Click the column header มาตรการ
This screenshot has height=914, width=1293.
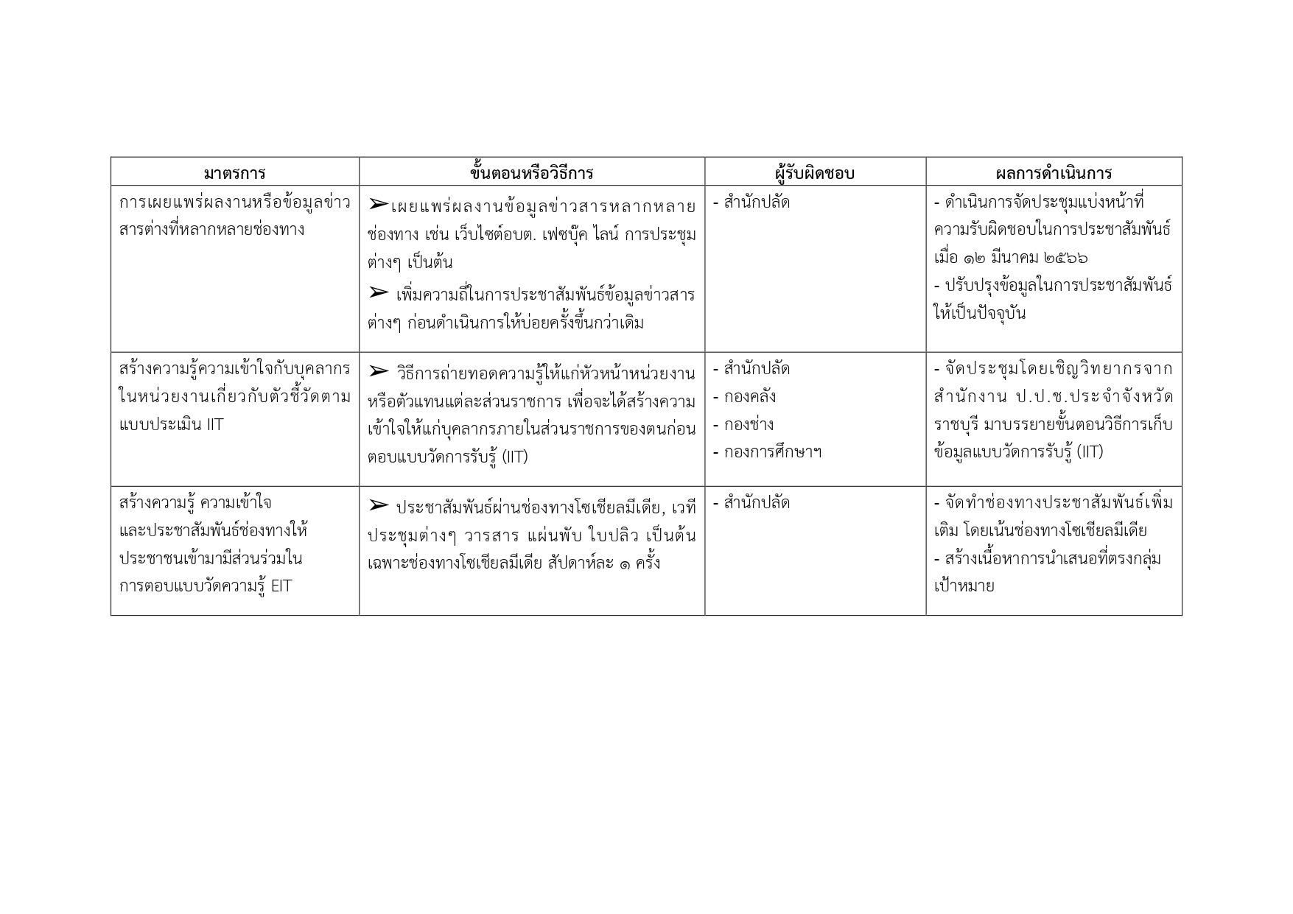(x=234, y=173)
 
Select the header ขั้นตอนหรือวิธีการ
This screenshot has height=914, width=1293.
(x=531, y=173)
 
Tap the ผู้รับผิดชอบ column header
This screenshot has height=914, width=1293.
(x=814, y=173)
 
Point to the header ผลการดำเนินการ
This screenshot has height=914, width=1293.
(x=1053, y=173)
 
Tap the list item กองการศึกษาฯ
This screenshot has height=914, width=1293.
(x=772, y=452)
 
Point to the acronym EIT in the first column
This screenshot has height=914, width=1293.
(x=281, y=586)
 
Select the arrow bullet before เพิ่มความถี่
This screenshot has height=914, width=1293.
(x=378, y=293)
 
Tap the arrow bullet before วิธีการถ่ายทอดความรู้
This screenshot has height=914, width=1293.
(x=378, y=370)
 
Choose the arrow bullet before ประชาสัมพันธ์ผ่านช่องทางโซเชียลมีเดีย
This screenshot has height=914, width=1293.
(x=378, y=505)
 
